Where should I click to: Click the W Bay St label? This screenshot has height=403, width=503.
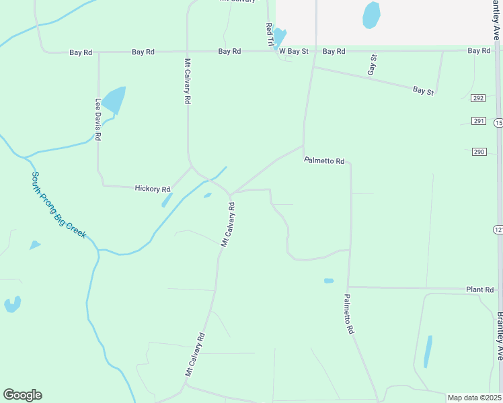[293, 51]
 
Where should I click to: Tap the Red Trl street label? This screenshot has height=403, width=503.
[270, 35]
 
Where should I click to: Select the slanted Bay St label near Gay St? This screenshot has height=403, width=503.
[423, 90]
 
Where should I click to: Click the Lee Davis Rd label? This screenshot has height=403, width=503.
[98, 120]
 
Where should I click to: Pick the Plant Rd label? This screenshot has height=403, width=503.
[480, 289]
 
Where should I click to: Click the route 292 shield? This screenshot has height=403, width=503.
[477, 98]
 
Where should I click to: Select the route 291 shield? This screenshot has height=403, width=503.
[477, 121]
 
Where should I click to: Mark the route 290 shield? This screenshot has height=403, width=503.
[478, 152]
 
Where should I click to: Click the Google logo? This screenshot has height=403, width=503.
[22, 394]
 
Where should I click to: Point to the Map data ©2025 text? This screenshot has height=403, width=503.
[474, 398]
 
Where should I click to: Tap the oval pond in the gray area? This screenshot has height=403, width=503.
[371, 15]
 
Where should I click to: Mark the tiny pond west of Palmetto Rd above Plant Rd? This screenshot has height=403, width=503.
[328, 281]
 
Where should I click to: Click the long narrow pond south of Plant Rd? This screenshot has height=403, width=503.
[428, 351]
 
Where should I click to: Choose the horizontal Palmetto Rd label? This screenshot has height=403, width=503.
[324, 161]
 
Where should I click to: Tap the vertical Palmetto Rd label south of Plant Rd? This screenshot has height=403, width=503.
[348, 314]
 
